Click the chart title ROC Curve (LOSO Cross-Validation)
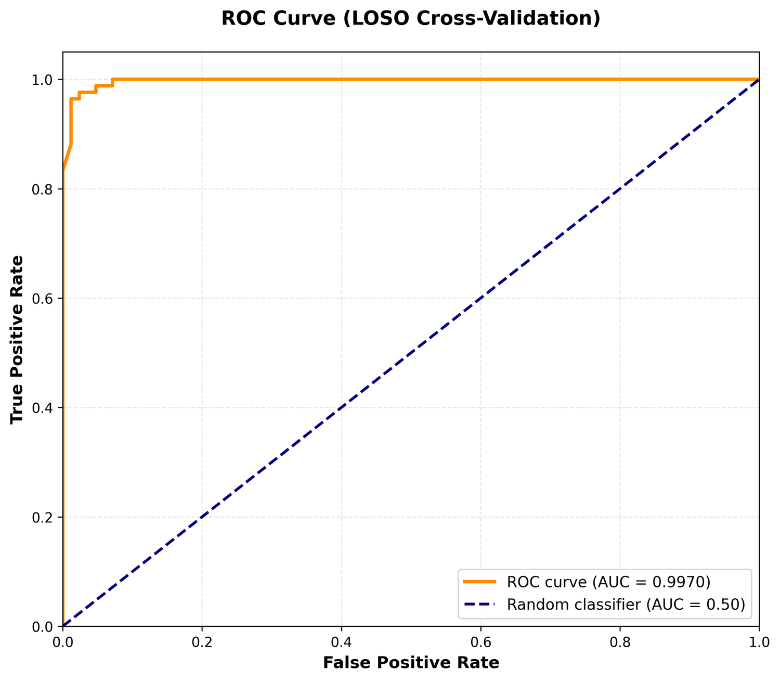pos(411,18)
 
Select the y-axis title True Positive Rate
pos(17,339)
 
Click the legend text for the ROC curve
pos(608,582)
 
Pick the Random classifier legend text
pos(626,605)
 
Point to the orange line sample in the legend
pos(479,582)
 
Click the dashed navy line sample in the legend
pos(479,604)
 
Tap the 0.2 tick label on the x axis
pos(202,643)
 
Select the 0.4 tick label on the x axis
pos(341,643)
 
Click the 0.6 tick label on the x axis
pos(480,643)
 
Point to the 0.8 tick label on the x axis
pos(620,643)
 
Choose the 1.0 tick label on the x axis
pos(759,643)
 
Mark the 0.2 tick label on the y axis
pos(42,518)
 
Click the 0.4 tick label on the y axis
pos(42,408)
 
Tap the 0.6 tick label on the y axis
pos(42,299)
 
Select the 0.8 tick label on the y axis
pos(42,189)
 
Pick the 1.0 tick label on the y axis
pos(42,80)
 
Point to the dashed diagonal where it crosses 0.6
pos(480,299)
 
